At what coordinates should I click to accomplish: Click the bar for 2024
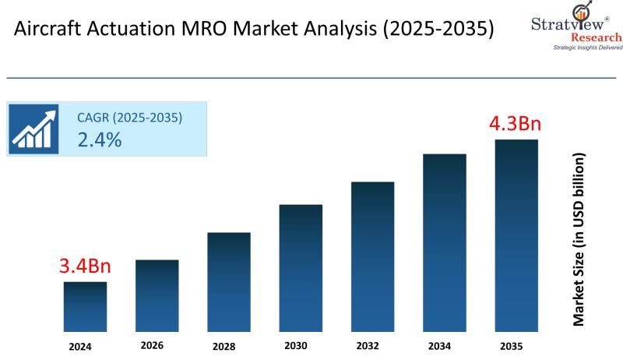click(85, 306)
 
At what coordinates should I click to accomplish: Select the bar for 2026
click(157, 295)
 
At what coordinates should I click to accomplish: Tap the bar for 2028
click(228, 281)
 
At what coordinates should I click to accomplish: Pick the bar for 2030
click(301, 267)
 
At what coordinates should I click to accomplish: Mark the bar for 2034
click(444, 242)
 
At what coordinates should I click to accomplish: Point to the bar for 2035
click(516, 235)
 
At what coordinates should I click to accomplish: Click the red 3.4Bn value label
click(85, 266)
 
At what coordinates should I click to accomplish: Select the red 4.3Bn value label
click(515, 124)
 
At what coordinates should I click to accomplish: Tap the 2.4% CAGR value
click(99, 139)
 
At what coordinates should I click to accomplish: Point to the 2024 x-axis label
click(79, 345)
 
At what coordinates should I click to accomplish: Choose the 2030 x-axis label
click(296, 345)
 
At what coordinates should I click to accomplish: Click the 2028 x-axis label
click(224, 345)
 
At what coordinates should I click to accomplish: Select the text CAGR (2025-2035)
click(129, 118)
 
